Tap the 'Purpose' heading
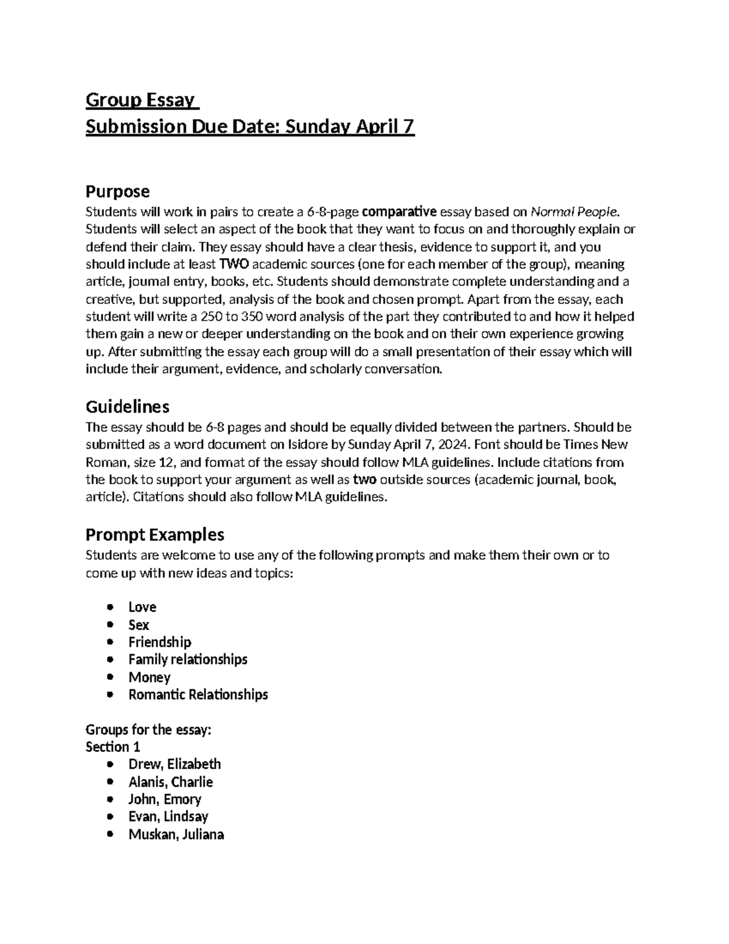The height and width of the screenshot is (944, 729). coord(117,191)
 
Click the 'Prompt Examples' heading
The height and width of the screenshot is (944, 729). coord(155,534)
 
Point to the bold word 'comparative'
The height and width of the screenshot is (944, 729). coord(399,212)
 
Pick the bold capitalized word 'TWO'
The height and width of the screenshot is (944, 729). coord(233,264)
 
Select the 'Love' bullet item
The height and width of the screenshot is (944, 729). coord(142,607)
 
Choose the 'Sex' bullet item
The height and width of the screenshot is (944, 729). coord(139,625)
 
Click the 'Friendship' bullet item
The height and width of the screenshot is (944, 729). coord(160,643)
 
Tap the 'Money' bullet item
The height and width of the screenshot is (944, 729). coord(149,677)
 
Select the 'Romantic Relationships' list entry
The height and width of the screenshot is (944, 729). coord(198,695)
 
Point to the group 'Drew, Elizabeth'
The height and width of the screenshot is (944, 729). coord(174,765)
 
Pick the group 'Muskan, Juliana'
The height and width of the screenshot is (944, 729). coord(176,835)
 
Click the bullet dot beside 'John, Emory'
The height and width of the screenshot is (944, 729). coord(109,799)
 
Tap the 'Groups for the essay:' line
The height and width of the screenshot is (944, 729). coord(148,729)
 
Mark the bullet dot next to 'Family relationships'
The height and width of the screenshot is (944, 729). coord(109,660)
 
